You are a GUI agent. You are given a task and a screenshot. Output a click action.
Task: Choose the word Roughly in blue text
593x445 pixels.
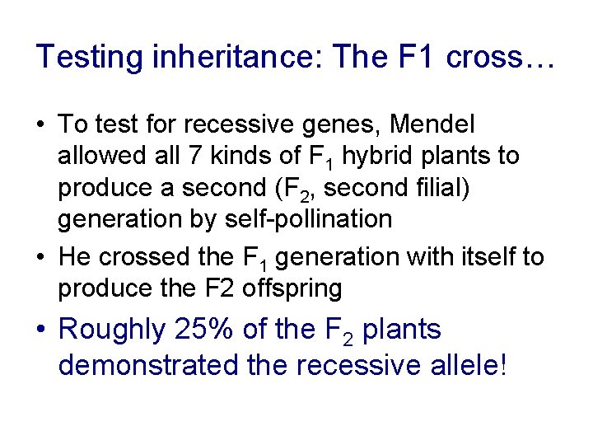112,330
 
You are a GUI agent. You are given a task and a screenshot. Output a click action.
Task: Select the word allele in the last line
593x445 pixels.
465,364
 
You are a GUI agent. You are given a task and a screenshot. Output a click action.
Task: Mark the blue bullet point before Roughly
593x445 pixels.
43,330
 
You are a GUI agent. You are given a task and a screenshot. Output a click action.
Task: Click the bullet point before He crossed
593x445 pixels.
43,258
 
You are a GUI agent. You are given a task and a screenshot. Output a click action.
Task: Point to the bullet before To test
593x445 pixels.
43,125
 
